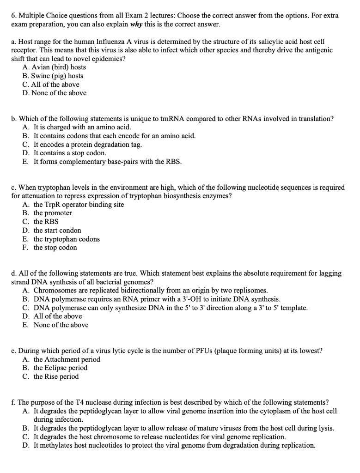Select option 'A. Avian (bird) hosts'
click(54, 67)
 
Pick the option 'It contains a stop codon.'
click(70, 153)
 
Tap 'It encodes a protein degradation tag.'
click(88, 145)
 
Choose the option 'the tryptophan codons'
click(67, 239)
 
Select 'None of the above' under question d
click(61, 325)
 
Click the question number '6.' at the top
click(14, 16)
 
